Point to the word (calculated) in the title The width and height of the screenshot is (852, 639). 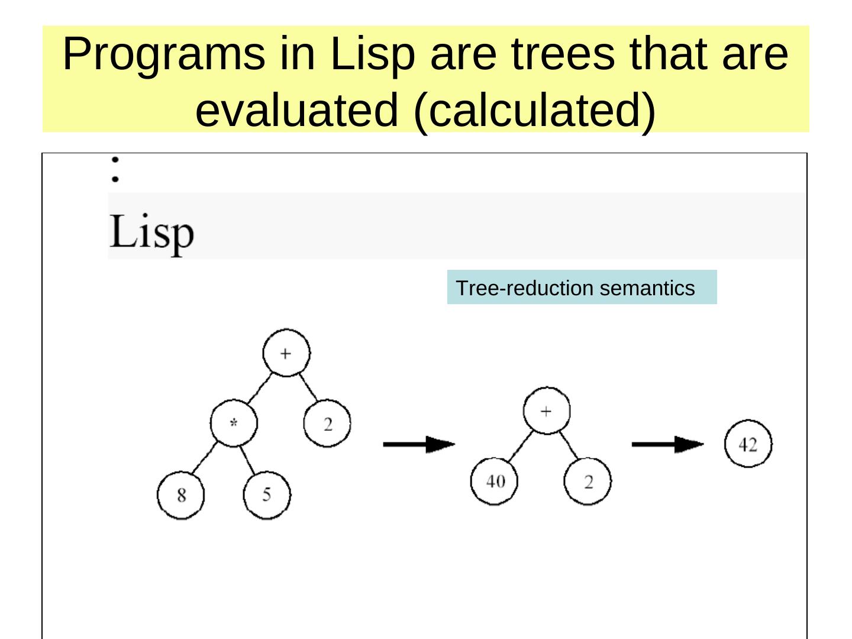535,110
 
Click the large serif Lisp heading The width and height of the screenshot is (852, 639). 151,233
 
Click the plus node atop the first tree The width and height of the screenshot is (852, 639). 286,353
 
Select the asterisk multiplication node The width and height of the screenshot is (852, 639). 234,423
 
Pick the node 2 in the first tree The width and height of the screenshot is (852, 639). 327,424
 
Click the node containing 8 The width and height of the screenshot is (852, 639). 181,495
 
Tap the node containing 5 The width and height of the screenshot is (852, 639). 267,495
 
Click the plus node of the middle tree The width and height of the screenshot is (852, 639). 547,411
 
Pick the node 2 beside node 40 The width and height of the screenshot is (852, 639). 588,482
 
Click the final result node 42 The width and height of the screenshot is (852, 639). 748,444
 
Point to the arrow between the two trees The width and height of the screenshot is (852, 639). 419,444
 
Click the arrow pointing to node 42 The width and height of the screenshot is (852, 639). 667,444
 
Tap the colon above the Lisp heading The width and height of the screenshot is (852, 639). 115,168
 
